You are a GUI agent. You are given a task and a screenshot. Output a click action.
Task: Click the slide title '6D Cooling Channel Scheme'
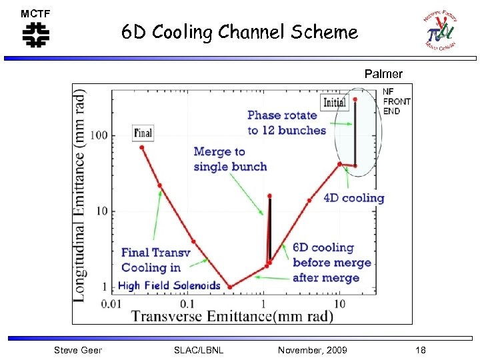[x=239, y=32]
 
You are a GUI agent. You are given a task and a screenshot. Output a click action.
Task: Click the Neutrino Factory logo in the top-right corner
[x=440, y=31]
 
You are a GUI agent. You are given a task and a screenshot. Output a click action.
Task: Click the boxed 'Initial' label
[x=334, y=102]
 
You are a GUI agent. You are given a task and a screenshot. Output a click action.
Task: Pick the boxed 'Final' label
[x=143, y=133]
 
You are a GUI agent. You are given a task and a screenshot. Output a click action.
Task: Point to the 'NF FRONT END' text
[x=397, y=101]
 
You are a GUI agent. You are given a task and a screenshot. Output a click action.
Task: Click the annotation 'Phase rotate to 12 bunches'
[x=287, y=123]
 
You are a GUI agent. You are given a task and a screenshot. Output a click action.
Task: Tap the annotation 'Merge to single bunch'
[x=230, y=159]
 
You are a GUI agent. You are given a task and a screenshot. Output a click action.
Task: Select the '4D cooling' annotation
[x=354, y=197]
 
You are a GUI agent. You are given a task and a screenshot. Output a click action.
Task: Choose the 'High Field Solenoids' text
[x=169, y=285]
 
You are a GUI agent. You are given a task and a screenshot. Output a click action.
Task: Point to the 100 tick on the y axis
[x=99, y=135]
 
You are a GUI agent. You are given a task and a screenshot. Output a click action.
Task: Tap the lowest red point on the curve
[x=231, y=287]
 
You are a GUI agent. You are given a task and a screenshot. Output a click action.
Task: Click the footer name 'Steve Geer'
[x=78, y=350]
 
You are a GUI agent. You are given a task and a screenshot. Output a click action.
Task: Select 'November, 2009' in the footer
[x=312, y=350]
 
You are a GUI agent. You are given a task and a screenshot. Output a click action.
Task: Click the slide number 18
[x=420, y=350]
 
